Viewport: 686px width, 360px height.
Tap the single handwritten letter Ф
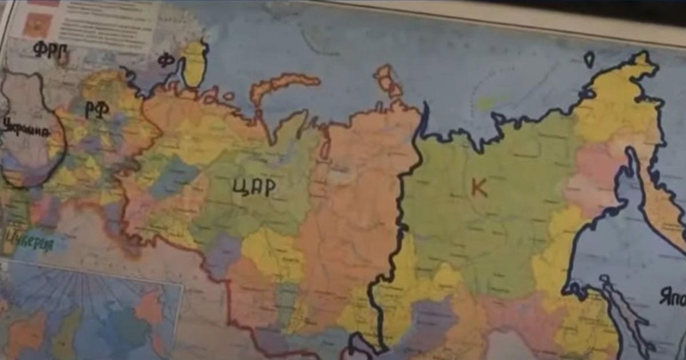[x=166, y=59]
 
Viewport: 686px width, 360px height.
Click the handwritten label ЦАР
[x=254, y=187]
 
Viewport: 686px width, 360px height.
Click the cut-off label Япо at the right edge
[x=672, y=298]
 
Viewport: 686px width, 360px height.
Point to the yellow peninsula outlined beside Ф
[x=194, y=63]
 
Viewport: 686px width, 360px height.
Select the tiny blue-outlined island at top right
[x=589, y=59]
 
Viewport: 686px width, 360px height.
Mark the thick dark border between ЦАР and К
[x=400, y=229]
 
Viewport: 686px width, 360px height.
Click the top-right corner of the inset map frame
[x=182, y=283]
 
